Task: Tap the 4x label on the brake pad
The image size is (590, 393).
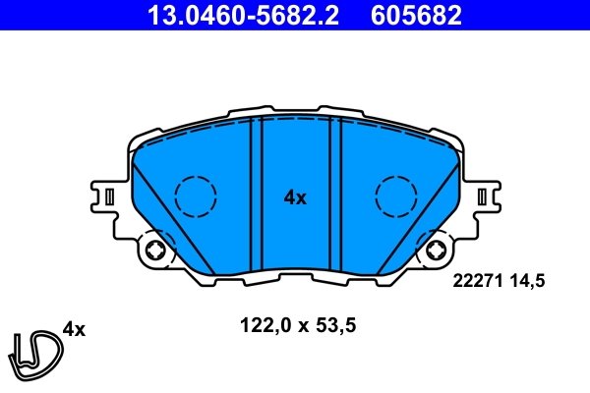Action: (295, 197)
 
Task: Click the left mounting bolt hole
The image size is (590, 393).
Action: (154, 253)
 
